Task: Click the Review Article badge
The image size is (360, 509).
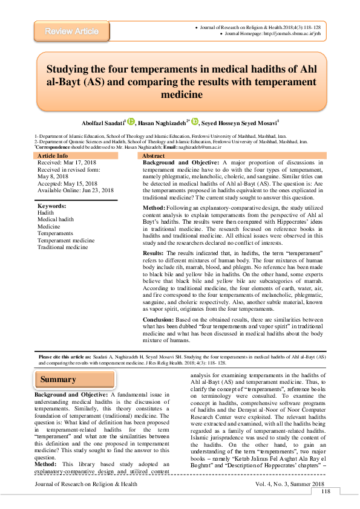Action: coord(71,31)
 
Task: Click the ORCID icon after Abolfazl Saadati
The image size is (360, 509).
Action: coord(131,122)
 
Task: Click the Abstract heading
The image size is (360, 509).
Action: coord(153,156)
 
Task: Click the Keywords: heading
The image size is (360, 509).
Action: coord(52,206)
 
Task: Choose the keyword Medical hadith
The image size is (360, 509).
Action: coord(56,219)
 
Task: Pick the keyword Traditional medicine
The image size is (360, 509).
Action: coord(62,247)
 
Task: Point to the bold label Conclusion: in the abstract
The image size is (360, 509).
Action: coord(159,319)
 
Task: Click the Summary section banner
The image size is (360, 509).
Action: coord(59,380)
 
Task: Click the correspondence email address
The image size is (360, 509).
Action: coord(201,147)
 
